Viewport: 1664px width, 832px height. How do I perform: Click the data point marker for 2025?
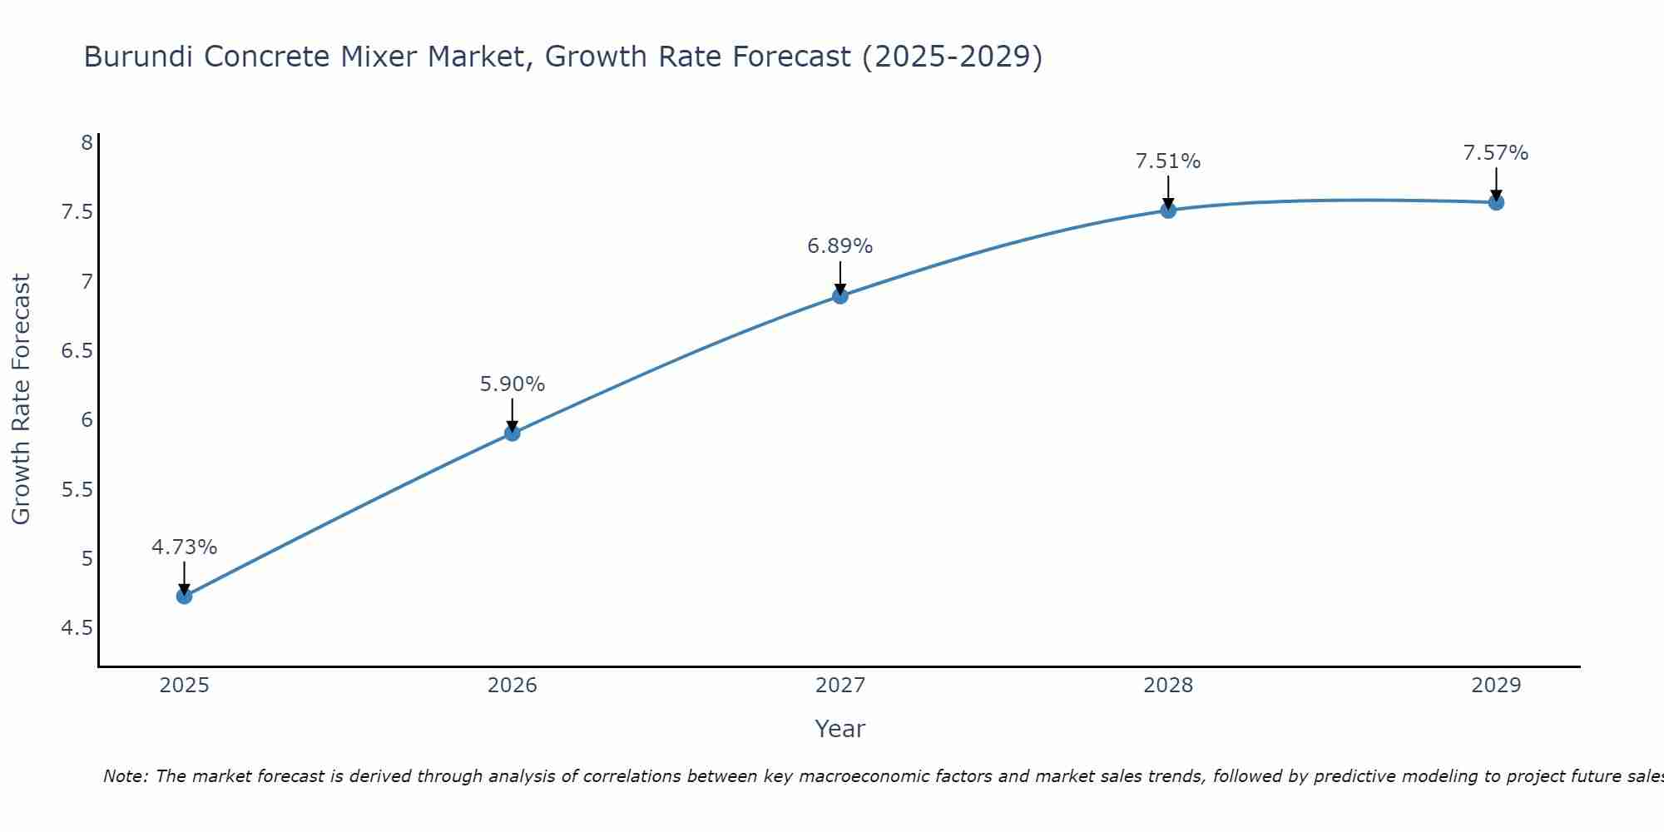coord(185,596)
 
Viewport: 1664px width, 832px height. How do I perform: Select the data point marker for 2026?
coord(513,433)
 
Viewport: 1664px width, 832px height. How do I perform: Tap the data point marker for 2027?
coord(840,295)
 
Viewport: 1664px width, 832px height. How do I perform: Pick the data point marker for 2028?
coord(1168,210)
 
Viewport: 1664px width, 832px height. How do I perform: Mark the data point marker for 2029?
coord(1496,202)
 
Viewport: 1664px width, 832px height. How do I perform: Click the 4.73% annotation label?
coord(185,547)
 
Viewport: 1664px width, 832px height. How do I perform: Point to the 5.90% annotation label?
coord(513,384)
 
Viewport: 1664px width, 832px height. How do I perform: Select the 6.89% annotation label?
coord(840,246)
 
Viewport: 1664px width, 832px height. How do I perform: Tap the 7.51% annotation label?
coord(1168,161)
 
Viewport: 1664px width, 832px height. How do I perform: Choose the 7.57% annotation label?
coord(1496,153)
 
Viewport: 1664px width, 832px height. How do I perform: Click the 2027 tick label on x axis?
coord(840,686)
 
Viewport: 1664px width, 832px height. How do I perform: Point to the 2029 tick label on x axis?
coord(1496,686)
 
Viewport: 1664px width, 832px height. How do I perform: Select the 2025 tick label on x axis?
coord(185,686)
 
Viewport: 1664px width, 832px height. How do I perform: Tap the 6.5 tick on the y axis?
coord(77,350)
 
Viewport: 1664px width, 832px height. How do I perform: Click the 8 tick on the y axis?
coord(87,142)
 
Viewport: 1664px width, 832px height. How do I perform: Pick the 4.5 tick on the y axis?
coord(77,627)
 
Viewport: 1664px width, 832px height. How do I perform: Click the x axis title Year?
coord(840,729)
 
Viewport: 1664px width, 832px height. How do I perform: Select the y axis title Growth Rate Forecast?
coord(21,399)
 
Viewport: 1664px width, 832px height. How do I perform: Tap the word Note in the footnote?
coord(125,776)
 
